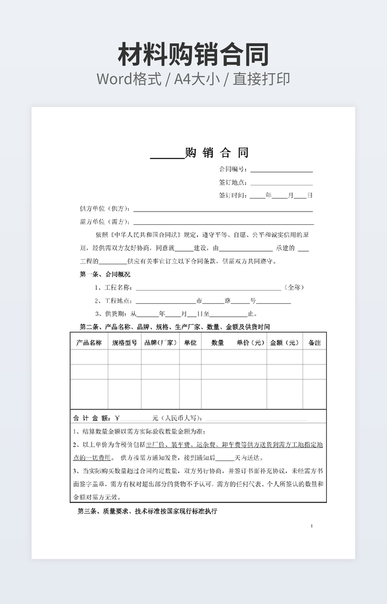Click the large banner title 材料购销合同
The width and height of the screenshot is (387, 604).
tap(193, 55)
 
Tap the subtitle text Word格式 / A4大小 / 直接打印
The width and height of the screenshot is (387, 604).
tap(193, 79)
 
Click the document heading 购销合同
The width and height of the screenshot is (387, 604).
tap(217, 153)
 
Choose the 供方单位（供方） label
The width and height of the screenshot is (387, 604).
tap(105, 209)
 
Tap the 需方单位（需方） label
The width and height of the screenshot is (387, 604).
tap(105, 222)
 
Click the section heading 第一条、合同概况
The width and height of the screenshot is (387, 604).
tap(105, 274)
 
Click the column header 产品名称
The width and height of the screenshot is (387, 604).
tap(89, 343)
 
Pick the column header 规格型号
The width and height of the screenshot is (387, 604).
tap(124, 343)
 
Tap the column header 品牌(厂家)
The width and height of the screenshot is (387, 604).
tap(160, 343)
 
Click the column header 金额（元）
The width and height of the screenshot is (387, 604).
tap(285, 343)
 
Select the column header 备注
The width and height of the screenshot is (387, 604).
tap(314, 343)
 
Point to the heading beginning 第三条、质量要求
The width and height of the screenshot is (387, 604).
tap(147, 511)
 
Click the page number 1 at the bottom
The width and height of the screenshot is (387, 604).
tap(312, 526)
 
